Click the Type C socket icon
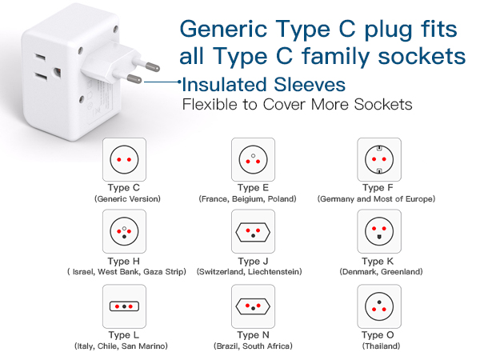[x=124, y=159]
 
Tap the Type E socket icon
[x=253, y=159]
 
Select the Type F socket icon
[x=378, y=159]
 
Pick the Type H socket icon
[x=124, y=232]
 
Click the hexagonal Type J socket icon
[x=253, y=232]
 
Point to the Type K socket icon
[x=378, y=232]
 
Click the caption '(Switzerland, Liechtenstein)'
[x=249, y=272]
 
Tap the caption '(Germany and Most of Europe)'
[x=376, y=198]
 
